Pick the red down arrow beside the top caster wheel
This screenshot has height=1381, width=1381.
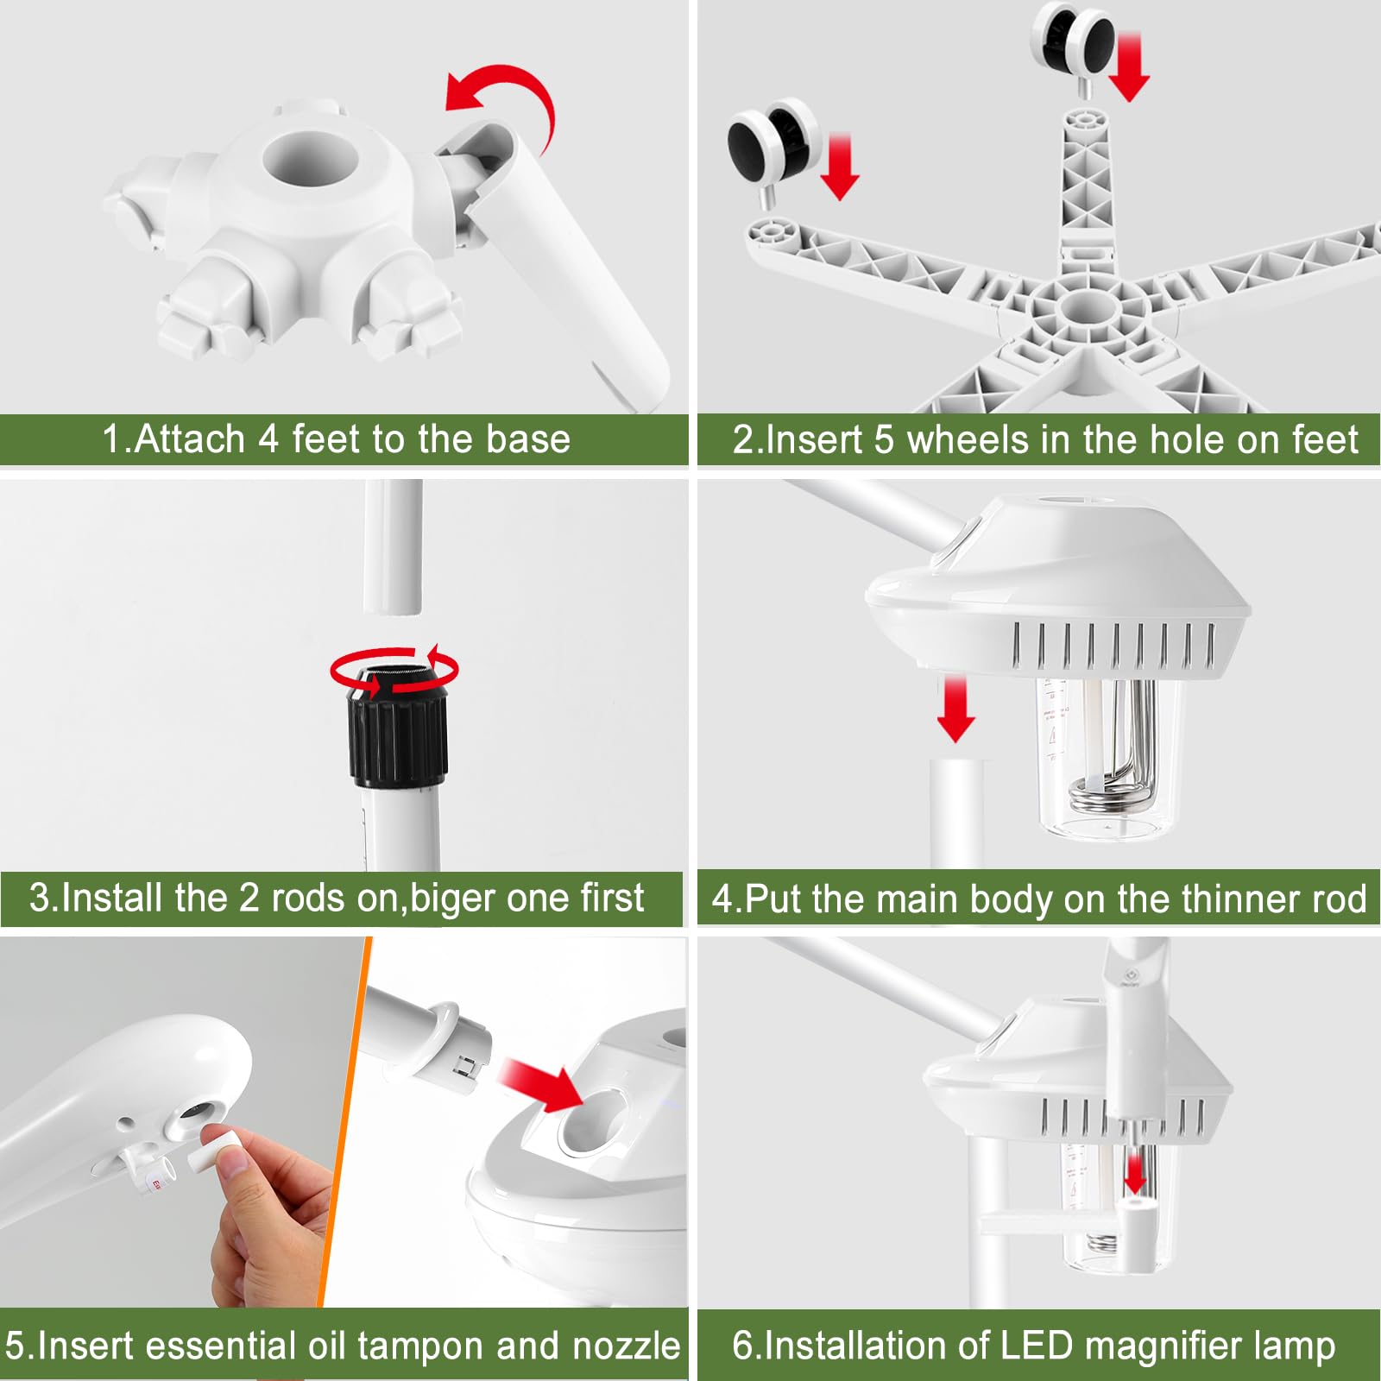click(1129, 67)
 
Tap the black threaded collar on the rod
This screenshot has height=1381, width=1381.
click(398, 725)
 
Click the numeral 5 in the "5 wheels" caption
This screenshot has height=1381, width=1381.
click(884, 439)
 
